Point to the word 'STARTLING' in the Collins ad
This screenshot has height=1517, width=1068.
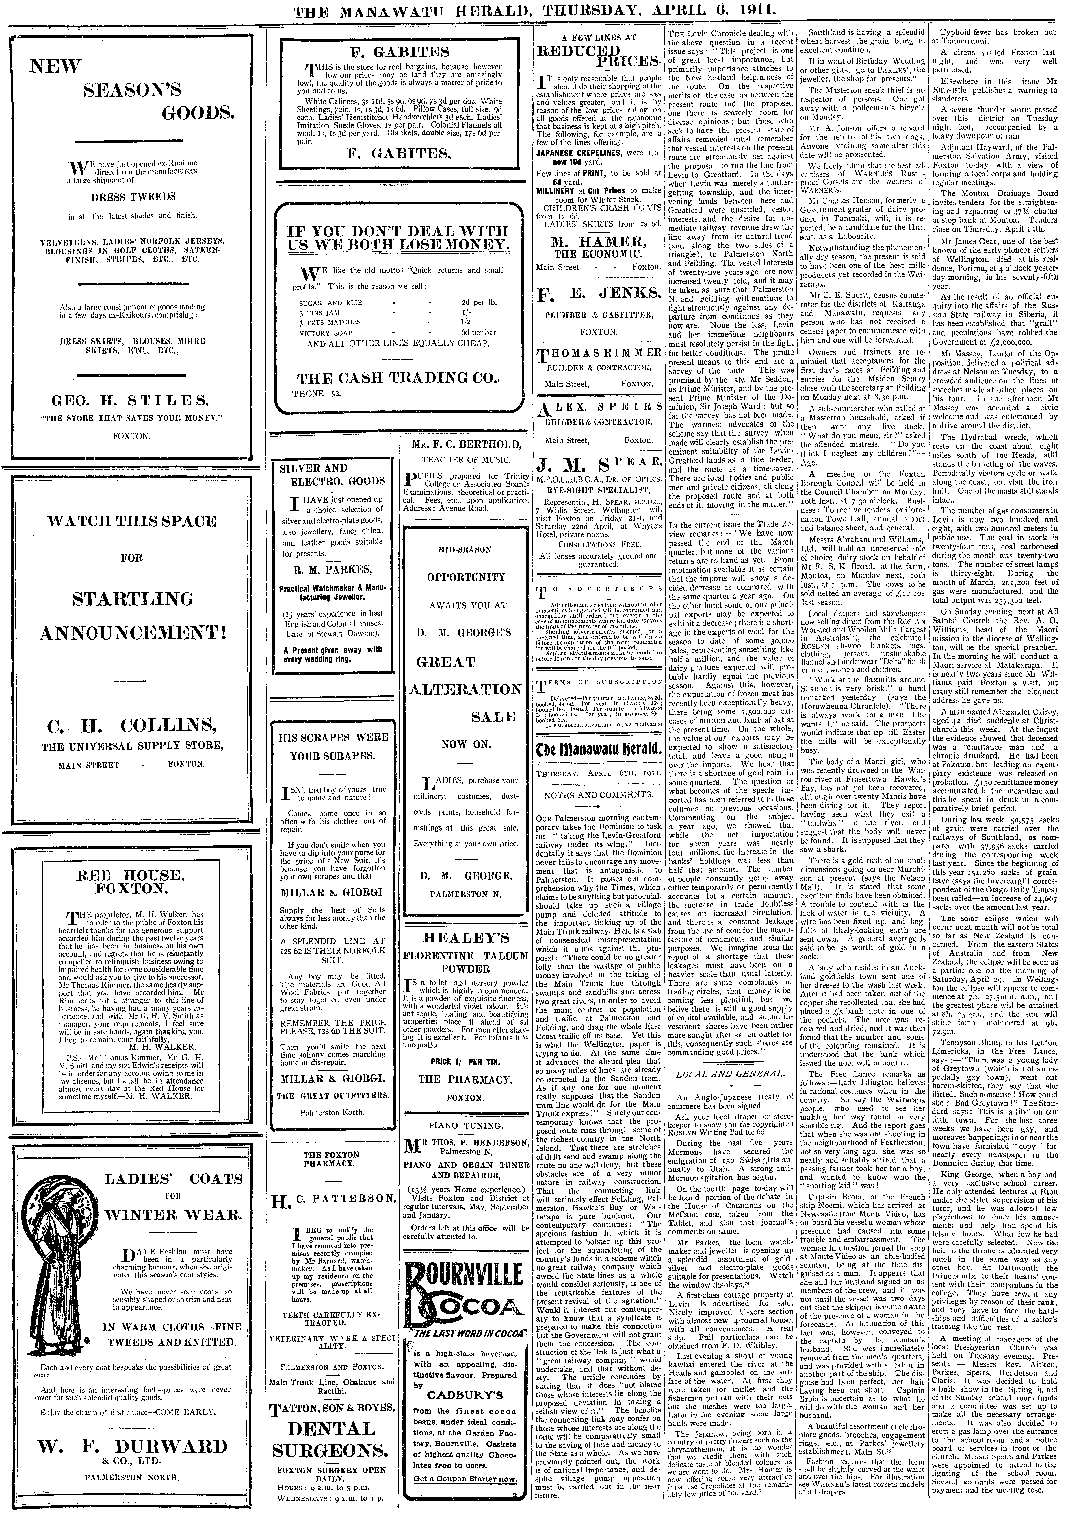132,599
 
